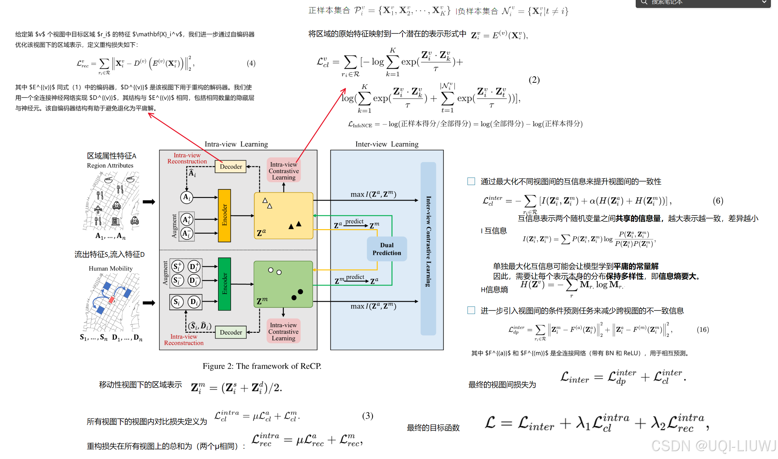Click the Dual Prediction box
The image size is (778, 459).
click(x=386, y=249)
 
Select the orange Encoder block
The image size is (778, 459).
click(x=224, y=215)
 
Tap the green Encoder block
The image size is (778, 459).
click(x=224, y=284)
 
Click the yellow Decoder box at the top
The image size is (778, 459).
click(x=230, y=167)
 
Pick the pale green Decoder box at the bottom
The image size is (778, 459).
click(x=230, y=332)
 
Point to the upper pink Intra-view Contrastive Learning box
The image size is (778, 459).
click(x=283, y=171)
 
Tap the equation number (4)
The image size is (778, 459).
click(x=251, y=63)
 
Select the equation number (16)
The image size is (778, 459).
click(x=703, y=329)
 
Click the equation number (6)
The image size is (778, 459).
click(x=718, y=200)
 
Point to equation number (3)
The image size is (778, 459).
click(x=368, y=416)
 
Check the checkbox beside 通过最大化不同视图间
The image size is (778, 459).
click(x=471, y=181)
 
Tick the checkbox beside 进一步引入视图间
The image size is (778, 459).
click(x=471, y=310)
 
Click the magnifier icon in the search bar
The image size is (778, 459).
click(x=644, y=2)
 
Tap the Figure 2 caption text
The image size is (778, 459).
click(x=262, y=366)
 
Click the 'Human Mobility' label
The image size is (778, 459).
click(x=110, y=268)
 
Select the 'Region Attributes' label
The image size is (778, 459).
click(x=110, y=166)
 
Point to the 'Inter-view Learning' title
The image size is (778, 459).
click(x=387, y=144)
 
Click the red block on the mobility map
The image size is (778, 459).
click(x=111, y=300)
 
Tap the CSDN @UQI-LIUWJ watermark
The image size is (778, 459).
click(x=714, y=446)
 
